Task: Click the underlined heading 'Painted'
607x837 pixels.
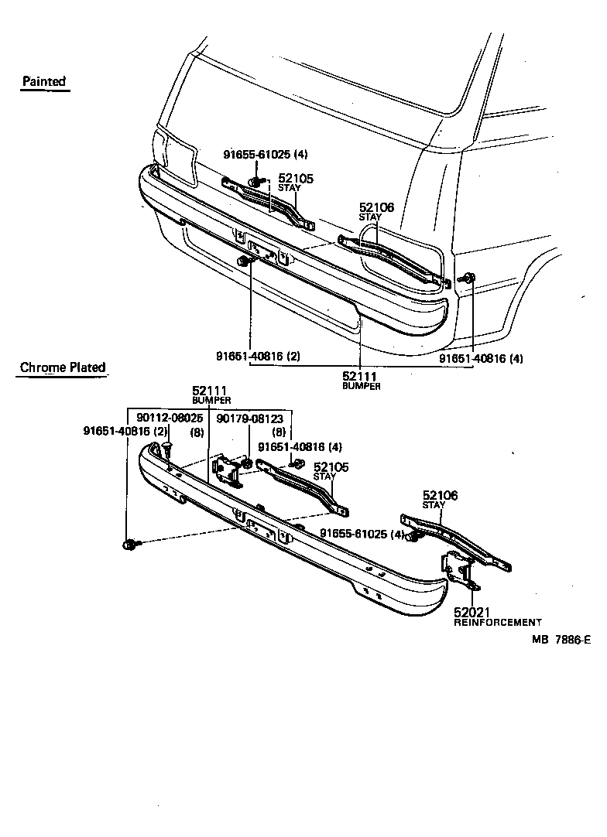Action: [x=44, y=81]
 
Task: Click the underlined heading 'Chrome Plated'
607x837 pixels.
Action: [x=63, y=367]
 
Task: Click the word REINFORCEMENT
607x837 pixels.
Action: [x=497, y=622]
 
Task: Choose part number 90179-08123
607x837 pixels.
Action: [x=249, y=418]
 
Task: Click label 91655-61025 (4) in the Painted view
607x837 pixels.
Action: [x=266, y=154]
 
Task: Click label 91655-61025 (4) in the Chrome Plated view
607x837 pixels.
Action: [x=362, y=534]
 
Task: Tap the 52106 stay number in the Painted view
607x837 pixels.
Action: [x=376, y=207]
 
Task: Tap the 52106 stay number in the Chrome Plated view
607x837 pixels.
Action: [x=440, y=495]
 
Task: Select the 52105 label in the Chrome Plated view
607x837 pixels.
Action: [x=331, y=467]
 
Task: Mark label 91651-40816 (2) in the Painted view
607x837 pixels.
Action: [x=258, y=357]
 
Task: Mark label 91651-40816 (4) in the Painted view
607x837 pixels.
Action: [x=481, y=359]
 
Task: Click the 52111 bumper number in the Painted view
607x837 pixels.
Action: [x=359, y=376]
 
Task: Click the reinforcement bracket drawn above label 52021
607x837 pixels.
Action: [x=458, y=573]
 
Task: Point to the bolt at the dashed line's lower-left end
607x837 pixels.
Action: [x=129, y=545]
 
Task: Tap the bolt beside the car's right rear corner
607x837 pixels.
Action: [x=470, y=278]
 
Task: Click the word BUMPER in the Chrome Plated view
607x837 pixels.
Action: [x=211, y=401]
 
